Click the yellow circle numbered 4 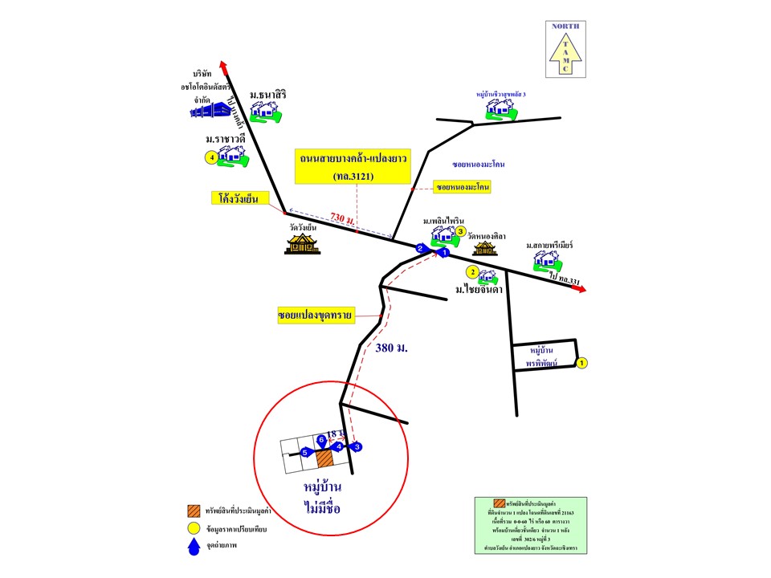click(211, 157)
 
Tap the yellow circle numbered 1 click(582, 364)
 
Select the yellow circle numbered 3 click(461, 232)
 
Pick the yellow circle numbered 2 click(474, 272)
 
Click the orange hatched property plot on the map click(324, 458)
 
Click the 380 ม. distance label click(391, 348)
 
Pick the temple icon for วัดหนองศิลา click(485, 250)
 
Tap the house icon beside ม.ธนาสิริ click(264, 111)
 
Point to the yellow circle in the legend click(193, 529)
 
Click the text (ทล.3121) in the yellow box click(350, 175)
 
